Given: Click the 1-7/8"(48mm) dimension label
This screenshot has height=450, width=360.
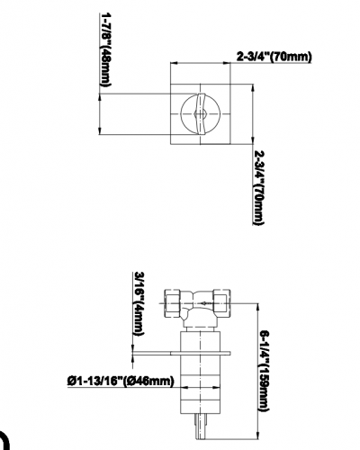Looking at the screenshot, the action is (x=104, y=49).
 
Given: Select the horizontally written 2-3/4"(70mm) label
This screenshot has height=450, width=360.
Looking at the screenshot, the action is (x=274, y=57).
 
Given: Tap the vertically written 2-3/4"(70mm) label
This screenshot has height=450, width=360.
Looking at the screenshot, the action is (x=259, y=187).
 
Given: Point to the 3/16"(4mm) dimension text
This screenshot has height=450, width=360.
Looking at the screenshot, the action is (x=139, y=303).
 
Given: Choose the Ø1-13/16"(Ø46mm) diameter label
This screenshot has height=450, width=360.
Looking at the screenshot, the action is (x=121, y=382).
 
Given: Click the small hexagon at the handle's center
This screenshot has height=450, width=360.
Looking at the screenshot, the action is (x=200, y=114).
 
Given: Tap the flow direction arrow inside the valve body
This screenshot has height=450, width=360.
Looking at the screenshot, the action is (x=204, y=303).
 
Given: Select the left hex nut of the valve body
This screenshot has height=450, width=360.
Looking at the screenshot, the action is (x=173, y=303).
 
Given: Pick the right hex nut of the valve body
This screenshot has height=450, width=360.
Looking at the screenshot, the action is (x=222, y=303).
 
